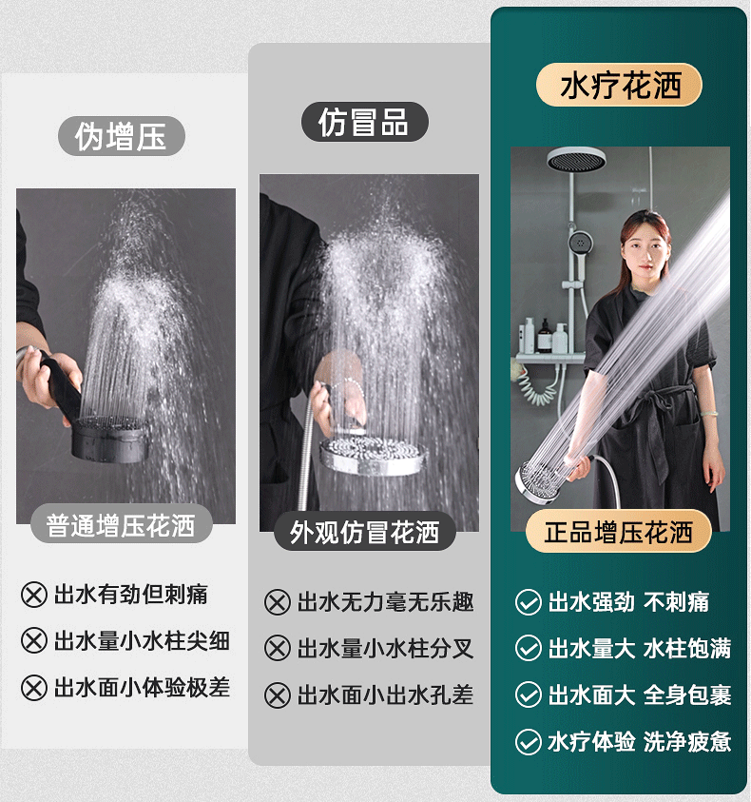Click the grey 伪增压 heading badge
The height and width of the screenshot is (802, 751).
pyautogui.click(x=122, y=136)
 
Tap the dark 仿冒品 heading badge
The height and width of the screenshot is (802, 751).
pyautogui.click(x=364, y=122)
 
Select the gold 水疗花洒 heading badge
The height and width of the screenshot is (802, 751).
pyautogui.click(x=619, y=85)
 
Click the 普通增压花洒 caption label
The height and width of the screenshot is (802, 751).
pyautogui.click(x=121, y=524)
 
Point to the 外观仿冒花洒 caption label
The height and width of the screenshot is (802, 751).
pyautogui.click(x=364, y=532)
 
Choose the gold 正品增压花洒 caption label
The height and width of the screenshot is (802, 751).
pyautogui.click(x=619, y=532)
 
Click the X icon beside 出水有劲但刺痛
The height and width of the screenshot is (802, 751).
pyautogui.click(x=34, y=595)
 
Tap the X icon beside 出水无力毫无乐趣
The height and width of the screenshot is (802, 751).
pyautogui.click(x=278, y=602)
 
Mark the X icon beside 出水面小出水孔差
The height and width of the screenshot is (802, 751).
pyautogui.click(x=278, y=695)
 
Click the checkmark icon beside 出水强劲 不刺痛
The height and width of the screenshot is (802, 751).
pyautogui.click(x=529, y=602)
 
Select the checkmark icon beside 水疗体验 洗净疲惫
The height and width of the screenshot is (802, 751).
pyautogui.click(x=529, y=742)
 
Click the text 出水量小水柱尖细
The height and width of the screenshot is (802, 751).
pyautogui.click(x=143, y=641)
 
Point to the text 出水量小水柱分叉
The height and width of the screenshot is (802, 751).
pyautogui.click(x=385, y=649)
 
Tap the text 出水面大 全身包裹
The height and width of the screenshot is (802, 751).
pyautogui.click(x=640, y=695)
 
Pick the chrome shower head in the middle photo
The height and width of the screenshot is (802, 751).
pyautogui.click(x=374, y=455)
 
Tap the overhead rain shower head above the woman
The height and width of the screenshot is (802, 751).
pyautogui.click(x=576, y=160)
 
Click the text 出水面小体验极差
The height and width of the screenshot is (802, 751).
pyautogui.click(x=143, y=688)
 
